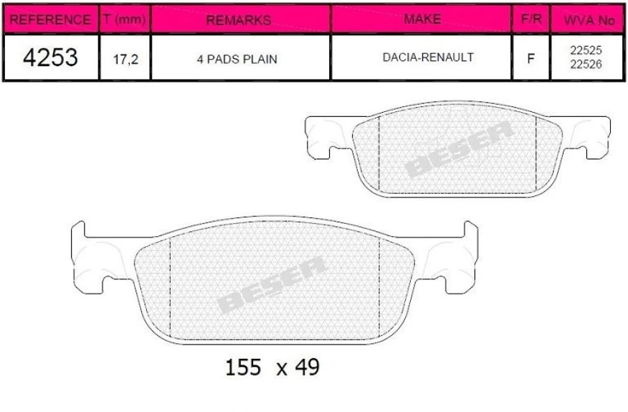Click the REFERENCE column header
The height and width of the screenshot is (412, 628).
50,19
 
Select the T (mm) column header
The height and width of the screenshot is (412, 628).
125,19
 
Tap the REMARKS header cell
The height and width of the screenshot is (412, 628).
239,19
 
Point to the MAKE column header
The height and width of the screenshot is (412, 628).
422,19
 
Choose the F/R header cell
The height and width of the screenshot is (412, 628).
531,19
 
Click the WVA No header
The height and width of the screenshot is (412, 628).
589,20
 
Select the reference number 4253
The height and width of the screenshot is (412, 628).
50,57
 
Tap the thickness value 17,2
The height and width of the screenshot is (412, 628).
125,60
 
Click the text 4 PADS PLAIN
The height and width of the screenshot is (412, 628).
237,60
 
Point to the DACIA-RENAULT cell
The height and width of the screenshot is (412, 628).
428,57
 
